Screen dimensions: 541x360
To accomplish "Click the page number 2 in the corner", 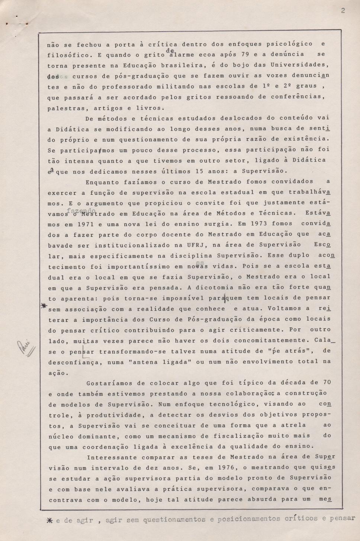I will [343, 10].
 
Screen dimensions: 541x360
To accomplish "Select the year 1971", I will [86, 224].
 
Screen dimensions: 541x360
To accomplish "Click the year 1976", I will [226, 467].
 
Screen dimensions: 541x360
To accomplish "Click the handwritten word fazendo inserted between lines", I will [81, 210].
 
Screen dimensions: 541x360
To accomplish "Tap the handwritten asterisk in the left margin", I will [44, 305].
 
